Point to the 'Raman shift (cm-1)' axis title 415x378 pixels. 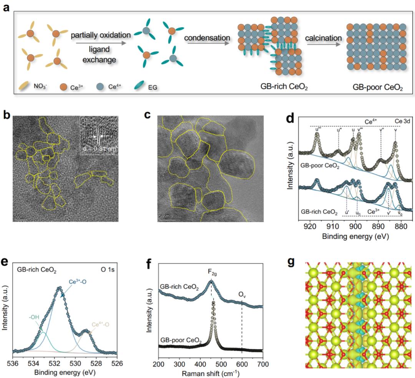click(211, 372)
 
